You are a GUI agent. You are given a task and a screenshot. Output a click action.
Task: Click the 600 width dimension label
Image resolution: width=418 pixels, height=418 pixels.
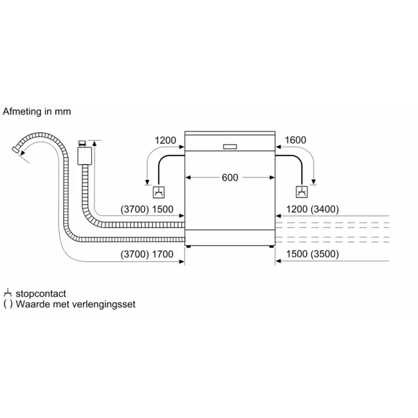(x=230, y=177)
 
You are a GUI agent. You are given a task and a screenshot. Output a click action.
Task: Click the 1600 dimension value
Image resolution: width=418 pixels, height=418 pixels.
(x=295, y=140)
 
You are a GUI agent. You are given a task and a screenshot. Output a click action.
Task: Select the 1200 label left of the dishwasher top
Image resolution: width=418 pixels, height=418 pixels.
(x=165, y=140)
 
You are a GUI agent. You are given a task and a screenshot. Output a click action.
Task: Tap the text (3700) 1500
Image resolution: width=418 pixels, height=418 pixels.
(x=147, y=209)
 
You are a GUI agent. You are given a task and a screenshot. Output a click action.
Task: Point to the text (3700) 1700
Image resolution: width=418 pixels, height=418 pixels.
(x=147, y=254)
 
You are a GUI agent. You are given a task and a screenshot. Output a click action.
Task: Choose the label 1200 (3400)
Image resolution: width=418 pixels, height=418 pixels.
(x=313, y=209)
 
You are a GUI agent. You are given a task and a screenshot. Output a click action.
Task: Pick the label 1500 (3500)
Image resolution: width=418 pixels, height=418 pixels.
(x=313, y=254)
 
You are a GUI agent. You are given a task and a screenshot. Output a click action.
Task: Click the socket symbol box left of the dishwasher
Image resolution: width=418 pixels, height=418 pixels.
(x=159, y=192)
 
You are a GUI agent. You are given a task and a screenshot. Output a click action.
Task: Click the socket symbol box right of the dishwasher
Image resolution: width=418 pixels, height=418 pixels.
(x=302, y=192)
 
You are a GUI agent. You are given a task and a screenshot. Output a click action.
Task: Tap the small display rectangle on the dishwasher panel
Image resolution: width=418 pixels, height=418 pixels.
(x=230, y=147)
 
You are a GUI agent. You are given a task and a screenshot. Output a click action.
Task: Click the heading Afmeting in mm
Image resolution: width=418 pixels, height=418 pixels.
(x=37, y=111)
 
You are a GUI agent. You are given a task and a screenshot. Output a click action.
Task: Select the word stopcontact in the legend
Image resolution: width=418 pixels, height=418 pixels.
(x=41, y=294)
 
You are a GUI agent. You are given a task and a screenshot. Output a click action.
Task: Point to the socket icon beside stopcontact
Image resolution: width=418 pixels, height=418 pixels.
(x=8, y=293)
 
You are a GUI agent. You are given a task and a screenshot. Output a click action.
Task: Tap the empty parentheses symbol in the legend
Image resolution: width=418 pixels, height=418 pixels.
(x=8, y=304)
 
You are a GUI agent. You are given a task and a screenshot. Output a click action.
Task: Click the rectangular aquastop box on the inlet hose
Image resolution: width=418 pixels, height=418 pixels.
(x=85, y=156)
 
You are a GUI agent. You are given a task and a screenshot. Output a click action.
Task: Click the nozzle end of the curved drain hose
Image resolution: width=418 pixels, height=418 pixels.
(x=15, y=150)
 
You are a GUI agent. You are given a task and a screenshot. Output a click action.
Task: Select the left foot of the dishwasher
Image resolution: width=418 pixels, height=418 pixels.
(x=188, y=246)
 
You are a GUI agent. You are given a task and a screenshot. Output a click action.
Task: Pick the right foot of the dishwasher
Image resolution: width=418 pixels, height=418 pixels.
(x=271, y=246)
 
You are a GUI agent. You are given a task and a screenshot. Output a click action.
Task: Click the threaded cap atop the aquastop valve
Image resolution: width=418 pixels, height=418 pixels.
(x=82, y=143)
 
